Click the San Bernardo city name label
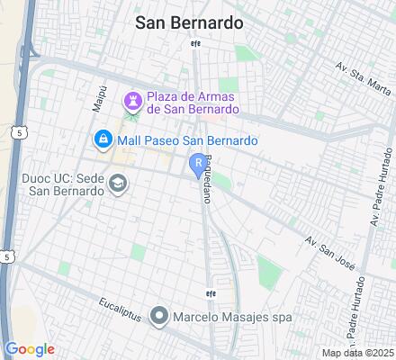pyautogui.click(x=188, y=23)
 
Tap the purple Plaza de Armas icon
pyautogui.click(x=132, y=97)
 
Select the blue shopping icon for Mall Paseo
pyautogui.click(x=103, y=140)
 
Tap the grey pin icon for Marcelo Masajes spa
pyautogui.click(x=160, y=315)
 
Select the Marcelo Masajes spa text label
pyautogui.click(x=220, y=316)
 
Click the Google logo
pyautogui.click(x=30, y=349)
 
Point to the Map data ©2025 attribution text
pyautogui.click(x=358, y=353)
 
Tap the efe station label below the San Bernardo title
pyautogui.click(x=194, y=44)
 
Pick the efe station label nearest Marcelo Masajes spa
pyautogui.click(x=211, y=292)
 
